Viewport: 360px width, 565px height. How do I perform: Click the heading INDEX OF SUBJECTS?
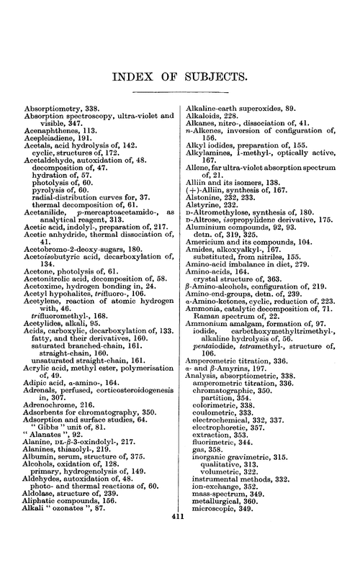179,76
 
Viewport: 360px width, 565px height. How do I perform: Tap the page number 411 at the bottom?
179,556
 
